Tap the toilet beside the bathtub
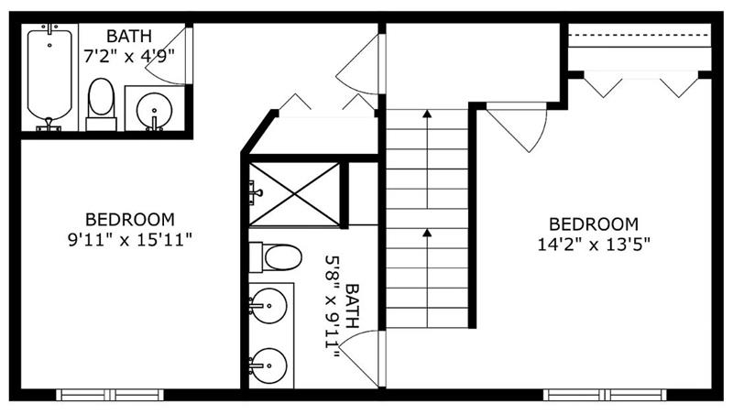(101, 103)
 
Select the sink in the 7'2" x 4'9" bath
(153, 109)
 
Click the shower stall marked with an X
(294, 193)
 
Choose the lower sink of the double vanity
(269, 365)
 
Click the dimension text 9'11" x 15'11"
(130, 240)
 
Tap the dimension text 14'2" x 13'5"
(593, 245)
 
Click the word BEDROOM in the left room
(130, 220)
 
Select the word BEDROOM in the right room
(593, 224)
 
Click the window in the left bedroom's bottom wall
(109, 395)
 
